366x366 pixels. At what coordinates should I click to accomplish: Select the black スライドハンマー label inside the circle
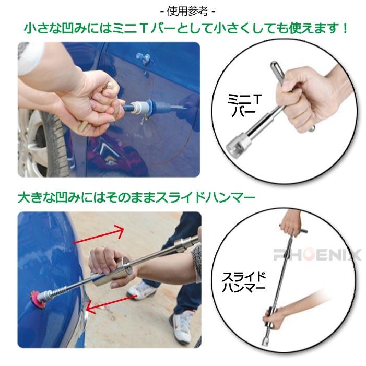pyautogui.click(x=245, y=281)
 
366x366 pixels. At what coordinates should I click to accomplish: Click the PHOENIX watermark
pyautogui.click(x=317, y=255)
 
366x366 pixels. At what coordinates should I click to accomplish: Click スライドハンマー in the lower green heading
pyautogui.click(x=203, y=198)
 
